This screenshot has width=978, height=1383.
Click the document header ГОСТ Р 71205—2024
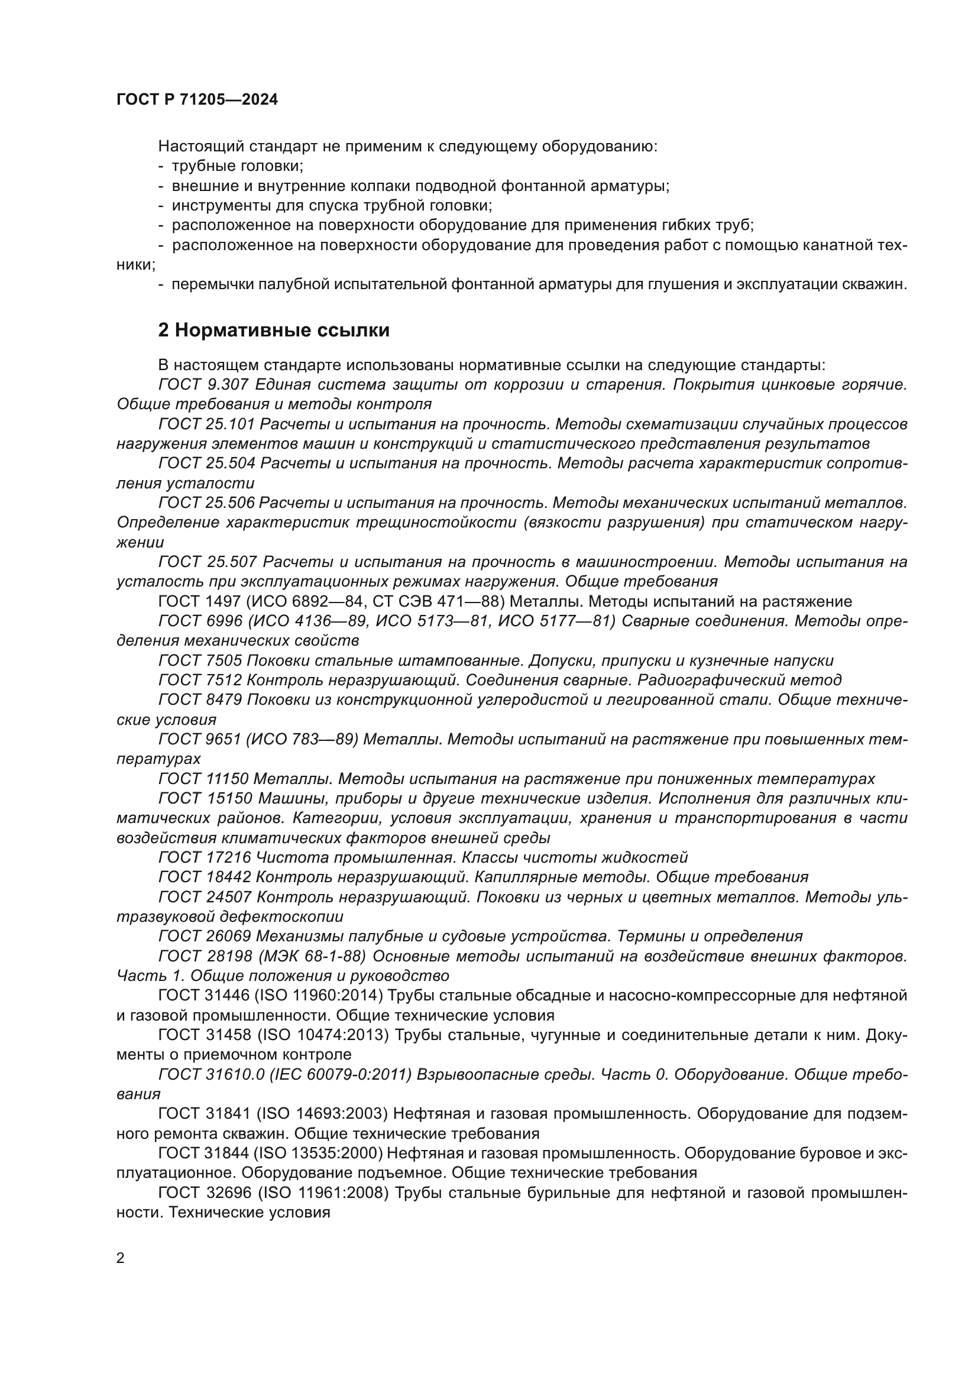coord(197,100)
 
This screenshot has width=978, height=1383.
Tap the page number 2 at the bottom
coord(121,1258)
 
